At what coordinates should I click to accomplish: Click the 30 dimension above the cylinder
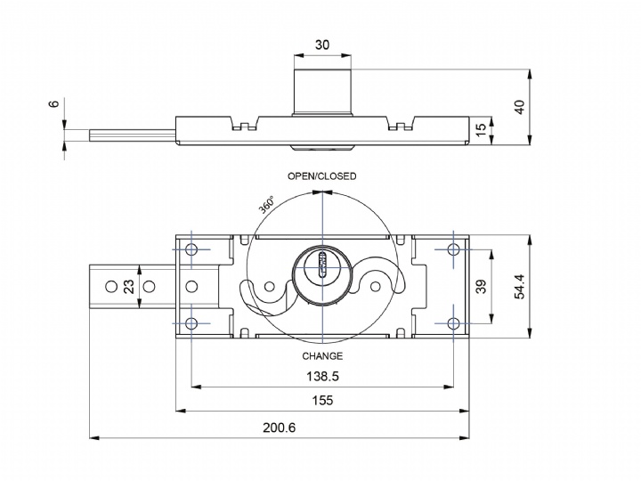point(322,45)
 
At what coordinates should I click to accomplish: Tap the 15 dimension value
point(482,131)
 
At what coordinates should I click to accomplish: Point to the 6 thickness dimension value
point(54,104)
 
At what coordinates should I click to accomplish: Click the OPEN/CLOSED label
point(321,176)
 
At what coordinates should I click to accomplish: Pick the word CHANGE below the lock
point(321,356)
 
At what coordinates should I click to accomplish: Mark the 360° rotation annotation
point(267,204)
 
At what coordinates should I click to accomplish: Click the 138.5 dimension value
point(321,377)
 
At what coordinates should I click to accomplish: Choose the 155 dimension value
point(322,401)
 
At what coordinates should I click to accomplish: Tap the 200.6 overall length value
point(279,428)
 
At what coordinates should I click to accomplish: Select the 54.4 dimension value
point(521,286)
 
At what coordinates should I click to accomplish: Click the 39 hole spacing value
point(482,287)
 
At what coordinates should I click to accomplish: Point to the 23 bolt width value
point(129,286)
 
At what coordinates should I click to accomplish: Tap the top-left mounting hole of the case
point(191,249)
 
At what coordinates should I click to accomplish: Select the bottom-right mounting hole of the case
point(453,322)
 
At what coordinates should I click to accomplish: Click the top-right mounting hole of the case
point(453,249)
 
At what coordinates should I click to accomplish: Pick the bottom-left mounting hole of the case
point(191,322)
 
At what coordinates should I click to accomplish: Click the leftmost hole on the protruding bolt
point(111,286)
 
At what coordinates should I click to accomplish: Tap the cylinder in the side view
point(322,87)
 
